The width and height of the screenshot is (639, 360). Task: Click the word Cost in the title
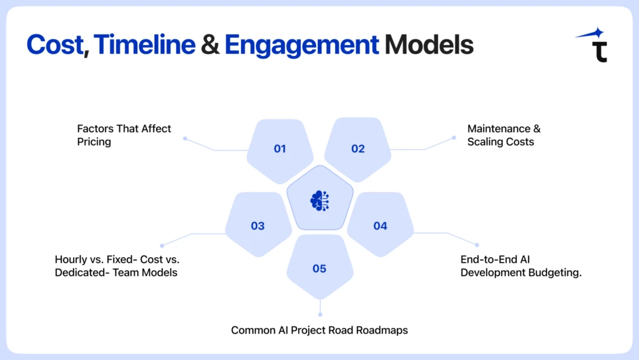[54, 45]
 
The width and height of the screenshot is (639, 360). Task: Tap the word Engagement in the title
[301, 45]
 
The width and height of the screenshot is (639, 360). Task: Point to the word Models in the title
[429, 45]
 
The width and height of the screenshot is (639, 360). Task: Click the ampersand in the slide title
[210, 45]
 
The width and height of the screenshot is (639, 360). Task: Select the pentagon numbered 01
[280, 148]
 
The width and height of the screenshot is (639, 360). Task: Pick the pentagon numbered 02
[358, 148]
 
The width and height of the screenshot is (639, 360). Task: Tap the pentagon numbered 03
[258, 225]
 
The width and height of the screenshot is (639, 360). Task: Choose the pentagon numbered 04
[380, 225]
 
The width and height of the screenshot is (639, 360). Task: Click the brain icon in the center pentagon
[319, 200]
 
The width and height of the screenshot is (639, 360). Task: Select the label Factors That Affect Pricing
[124, 135]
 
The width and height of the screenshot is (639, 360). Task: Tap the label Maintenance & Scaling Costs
[504, 135]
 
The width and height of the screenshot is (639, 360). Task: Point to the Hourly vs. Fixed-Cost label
[117, 265]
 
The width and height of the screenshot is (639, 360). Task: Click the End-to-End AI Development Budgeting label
[521, 265]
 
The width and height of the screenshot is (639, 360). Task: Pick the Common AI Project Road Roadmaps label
[319, 329]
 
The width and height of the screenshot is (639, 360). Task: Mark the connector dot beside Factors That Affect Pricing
[185, 139]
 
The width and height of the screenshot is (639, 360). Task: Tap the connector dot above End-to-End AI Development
[477, 245]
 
